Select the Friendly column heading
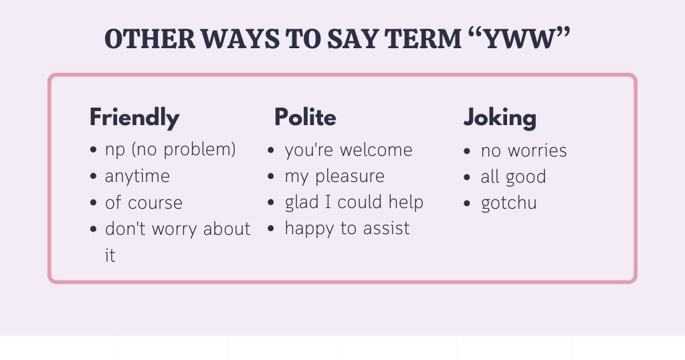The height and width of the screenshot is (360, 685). pyautogui.click(x=134, y=118)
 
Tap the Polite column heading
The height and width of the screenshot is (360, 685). pyautogui.click(x=305, y=118)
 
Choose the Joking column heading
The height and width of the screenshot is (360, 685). pyautogui.click(x=500, y=118)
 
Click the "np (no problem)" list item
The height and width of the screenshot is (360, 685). pyautogui.click(x=171, y=149)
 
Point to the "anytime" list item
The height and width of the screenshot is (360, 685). pyautogui.click(x=137, y=176)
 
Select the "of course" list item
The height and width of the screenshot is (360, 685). pyautogui.click(x=143, y=203)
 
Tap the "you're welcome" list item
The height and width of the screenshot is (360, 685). pyautogui.click(x=349, y=150)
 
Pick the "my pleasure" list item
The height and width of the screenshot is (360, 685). pyautogui.click(x=334, y=177)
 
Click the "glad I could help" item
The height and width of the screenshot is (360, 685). pyautogui.click(x=354, y=202)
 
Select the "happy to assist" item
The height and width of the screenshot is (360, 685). pyautogui.click(x=347, y=229)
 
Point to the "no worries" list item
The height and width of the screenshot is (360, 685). pyautogui.click(x=524, y=151)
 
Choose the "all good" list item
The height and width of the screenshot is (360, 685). pyautogui.click(x=513, y=177)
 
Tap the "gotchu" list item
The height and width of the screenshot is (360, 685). pyautogui.click(x=508, y=203)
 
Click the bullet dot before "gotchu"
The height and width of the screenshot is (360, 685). pyautogui.click(x=467, y=203)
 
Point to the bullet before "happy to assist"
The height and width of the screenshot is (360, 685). pyautogui.click(x=271, y=229)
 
